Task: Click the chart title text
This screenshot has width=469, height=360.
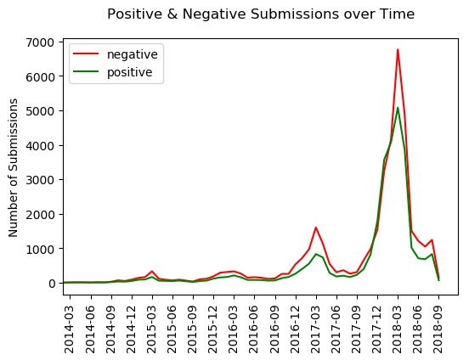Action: tap(261, 14)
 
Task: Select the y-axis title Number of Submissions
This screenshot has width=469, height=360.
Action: tap(13, 168)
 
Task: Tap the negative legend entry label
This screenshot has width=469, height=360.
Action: tap(133, 54)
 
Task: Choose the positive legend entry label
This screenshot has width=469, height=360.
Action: tap(130, 72)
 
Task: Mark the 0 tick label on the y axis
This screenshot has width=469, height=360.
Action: tap(52, 283)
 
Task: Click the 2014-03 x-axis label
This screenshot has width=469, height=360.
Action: tap(69, 329)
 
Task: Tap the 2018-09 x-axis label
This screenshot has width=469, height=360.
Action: tap(438, 329)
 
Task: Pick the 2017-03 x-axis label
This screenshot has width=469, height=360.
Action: tap(315, 329)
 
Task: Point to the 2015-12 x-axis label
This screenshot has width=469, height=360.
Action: tap(212, 329)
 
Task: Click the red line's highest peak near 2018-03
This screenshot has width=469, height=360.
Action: tap(398, 49)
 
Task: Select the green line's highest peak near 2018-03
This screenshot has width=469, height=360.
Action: tap(398, 108)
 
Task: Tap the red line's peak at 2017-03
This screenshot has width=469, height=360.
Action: tap(316, 228)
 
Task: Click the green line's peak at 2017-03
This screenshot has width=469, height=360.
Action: tap(316, 254)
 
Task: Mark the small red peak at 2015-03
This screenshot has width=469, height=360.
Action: tap(152, 271)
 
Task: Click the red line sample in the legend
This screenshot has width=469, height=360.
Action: tap(86, 53)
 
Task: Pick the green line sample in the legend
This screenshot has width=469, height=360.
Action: tap(86, 71)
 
